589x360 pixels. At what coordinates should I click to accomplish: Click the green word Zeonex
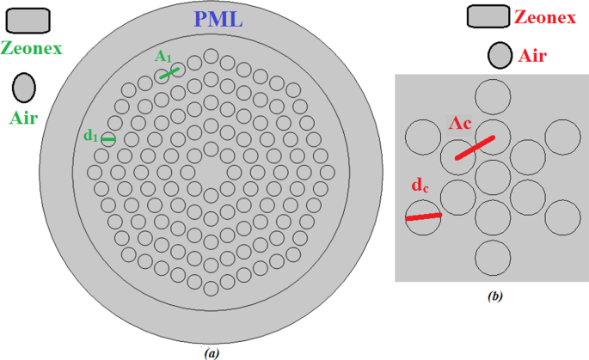[x=31, y=49]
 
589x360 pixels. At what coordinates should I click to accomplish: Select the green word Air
[x=23, y=118]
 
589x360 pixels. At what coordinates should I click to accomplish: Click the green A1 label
[x=164, y=56]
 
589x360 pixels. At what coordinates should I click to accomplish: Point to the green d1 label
[x=90, y=136]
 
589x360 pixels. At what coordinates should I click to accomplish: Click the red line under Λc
[x=475, y=147]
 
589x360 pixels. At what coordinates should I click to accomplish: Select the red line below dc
[x=423, y=216]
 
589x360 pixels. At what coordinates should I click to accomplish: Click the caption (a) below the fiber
[x=210, y=352]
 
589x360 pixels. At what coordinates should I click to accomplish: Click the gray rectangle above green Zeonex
[x=28, y=19]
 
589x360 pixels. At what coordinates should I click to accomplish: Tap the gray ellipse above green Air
[x=23, y=87]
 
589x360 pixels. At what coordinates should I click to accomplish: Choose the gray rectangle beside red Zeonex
[x=488, y=15]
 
